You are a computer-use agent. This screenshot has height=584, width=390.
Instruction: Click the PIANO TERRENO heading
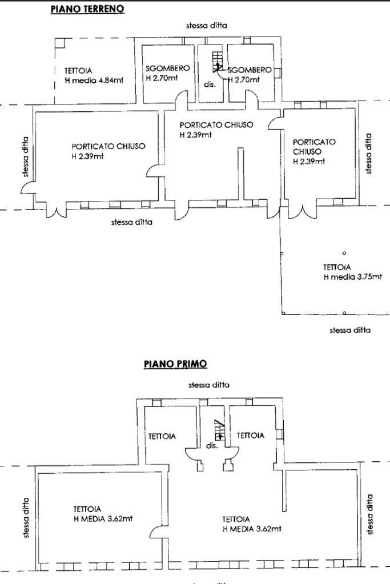(87, 9)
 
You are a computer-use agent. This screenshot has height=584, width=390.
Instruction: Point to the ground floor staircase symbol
(217, 62)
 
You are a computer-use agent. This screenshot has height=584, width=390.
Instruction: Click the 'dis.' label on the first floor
(212, 446)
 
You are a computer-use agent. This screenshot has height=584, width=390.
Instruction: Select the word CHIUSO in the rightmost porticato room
(307, 151)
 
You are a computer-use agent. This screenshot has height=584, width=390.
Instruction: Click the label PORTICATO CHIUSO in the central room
(216, 125)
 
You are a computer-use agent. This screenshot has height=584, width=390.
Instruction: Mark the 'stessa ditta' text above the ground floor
(207, 26)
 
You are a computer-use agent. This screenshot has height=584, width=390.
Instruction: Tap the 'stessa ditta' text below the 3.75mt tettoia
(350, 330)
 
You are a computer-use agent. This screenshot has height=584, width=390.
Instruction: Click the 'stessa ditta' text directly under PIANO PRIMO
(209, 385)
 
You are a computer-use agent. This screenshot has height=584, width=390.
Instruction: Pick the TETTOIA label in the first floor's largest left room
(87, 509)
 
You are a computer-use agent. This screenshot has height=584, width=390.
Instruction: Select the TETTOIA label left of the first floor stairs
(162, 436)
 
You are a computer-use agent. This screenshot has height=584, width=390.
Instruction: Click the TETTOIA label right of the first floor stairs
(250, 435)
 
